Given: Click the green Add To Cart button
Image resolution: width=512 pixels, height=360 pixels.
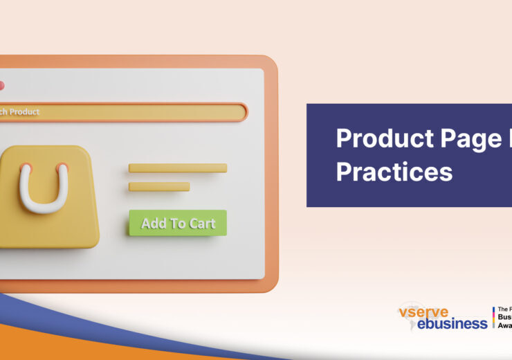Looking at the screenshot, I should (177, 223).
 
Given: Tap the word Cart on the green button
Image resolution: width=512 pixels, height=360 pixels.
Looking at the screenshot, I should (201, 224).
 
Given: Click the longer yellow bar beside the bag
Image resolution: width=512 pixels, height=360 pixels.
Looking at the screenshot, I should (177, 168).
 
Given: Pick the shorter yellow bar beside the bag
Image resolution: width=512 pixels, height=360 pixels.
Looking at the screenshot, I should (158, 186).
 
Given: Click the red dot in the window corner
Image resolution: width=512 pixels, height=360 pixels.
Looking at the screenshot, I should (1, 85).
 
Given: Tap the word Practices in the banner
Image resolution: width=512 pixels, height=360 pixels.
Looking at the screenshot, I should (394, 171).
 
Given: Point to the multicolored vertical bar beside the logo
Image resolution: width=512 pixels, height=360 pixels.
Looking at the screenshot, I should (493, 317).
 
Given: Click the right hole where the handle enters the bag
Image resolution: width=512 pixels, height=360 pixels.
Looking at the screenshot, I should (63, 167).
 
